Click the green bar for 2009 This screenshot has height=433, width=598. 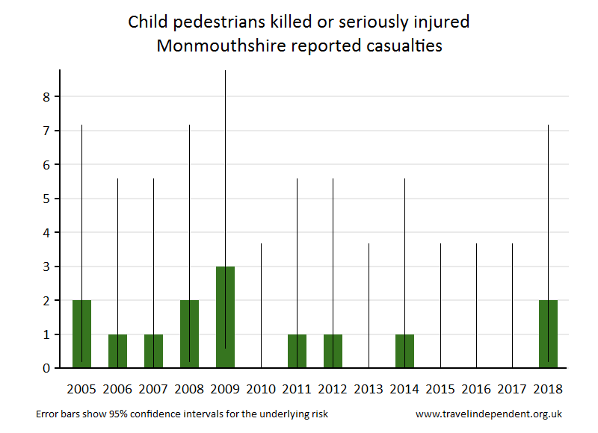[x=225, y=317]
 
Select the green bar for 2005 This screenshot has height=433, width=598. [x=81, y=334]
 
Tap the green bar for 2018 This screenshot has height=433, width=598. [x=548, y=334]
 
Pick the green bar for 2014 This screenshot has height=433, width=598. [x=404, y=351]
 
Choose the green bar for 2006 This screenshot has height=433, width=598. [x=117, y=351]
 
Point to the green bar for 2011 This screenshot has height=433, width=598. [x=297, y=351]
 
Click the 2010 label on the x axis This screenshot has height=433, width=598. [x=261, y=388]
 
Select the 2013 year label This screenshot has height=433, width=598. [x=369, y=388]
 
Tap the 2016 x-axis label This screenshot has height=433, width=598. [x=476, y=388]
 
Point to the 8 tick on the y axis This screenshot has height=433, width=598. [x=46, y=97]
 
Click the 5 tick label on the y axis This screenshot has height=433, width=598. [x=46, y=199]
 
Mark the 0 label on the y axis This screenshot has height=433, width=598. [x=46, y=368]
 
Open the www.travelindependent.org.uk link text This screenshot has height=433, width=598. [x=488, y=413]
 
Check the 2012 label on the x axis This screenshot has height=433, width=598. [x=333, y=388]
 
